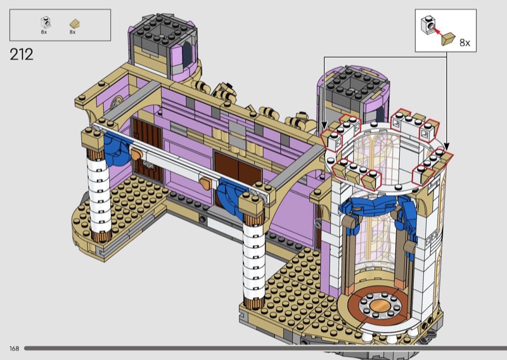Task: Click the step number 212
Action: click(x=22, y=55)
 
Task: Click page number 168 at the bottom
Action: click(x=14, y=349)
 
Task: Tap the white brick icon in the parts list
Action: click(x=46, y=22)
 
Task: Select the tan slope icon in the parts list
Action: click(x=74, y=23)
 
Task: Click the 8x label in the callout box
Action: click(x=465, y=42)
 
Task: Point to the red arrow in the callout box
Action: click(x=437, y=32)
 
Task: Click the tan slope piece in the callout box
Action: click(x=448, y=39)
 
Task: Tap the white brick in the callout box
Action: click(x=427, y=25)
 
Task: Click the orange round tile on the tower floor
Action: click(x=380, y=305)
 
